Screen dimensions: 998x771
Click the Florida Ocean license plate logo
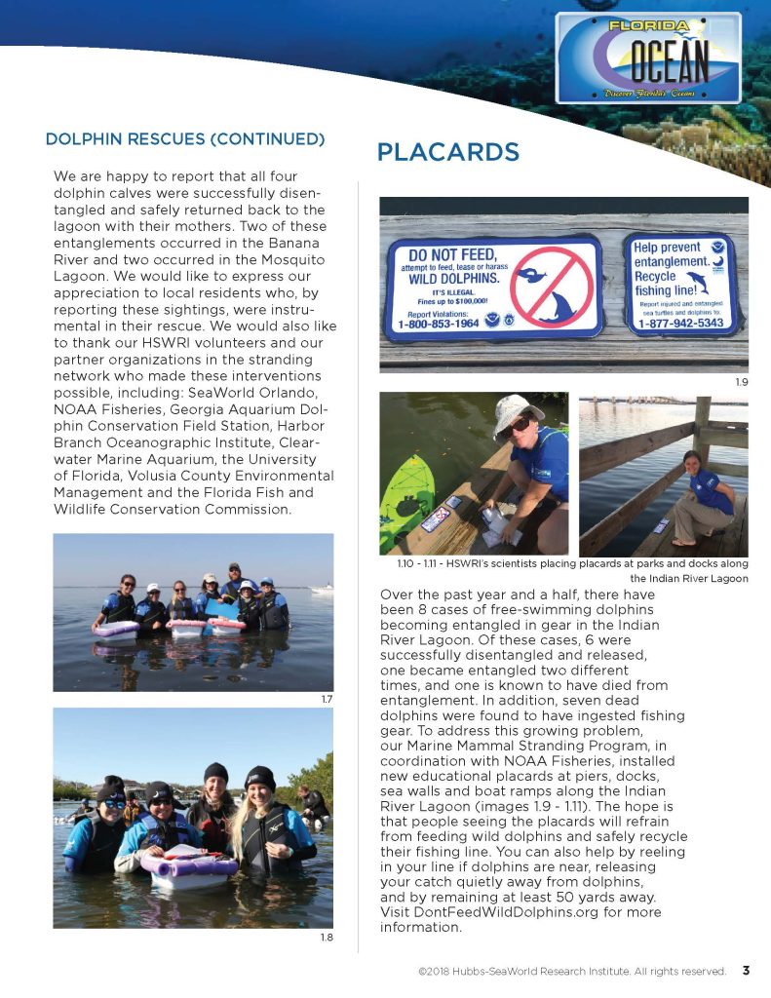coord(648,58)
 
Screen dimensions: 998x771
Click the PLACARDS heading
coord(447,152)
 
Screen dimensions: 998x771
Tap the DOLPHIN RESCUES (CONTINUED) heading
coord(185,138)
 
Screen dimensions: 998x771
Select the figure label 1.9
coord(741,383)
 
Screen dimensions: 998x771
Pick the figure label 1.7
coord(327,699)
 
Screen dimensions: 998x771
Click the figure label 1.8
coord(327,937)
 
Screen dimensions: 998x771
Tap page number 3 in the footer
coord(746,971)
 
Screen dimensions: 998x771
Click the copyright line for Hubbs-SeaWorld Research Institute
coord(571,972)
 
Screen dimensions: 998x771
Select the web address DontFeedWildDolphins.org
coord(516,912)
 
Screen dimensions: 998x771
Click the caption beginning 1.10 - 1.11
coord(565,571)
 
